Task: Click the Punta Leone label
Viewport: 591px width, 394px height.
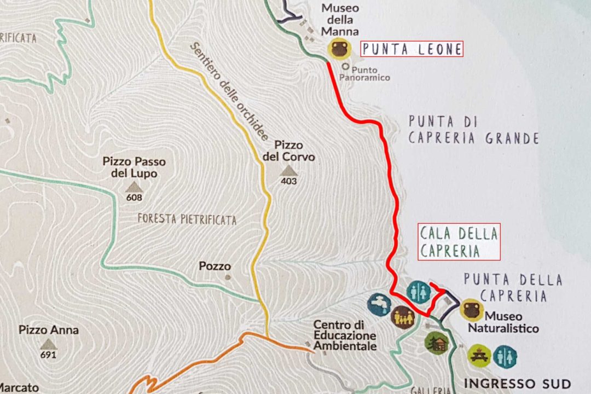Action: point(412,49)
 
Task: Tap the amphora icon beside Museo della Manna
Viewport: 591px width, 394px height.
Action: point(339,49)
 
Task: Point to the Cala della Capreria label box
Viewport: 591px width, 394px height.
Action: point(459,242)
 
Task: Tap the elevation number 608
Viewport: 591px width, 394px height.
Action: point(134,198)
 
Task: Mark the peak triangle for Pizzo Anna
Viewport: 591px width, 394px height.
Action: point(49,344)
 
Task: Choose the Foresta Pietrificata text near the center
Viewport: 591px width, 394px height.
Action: point(187,220)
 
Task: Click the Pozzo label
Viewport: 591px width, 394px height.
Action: point(215,266)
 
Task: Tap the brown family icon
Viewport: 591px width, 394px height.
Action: point(403,318)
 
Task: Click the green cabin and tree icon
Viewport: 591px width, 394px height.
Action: point(436,343)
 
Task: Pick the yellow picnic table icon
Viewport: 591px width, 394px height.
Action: point(479,356)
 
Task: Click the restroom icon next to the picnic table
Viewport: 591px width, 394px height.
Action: point(505,356)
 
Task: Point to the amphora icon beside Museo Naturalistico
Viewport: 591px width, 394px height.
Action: point(471,310)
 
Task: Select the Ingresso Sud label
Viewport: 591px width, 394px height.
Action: point(517,383)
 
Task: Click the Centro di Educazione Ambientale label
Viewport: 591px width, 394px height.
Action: point(345,335)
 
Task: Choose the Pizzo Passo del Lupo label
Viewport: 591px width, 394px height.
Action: point(134,167)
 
